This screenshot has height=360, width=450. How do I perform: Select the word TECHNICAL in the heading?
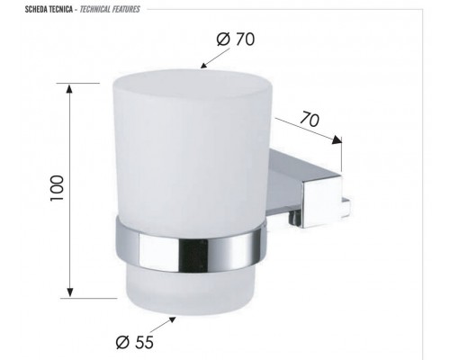(87, 9)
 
